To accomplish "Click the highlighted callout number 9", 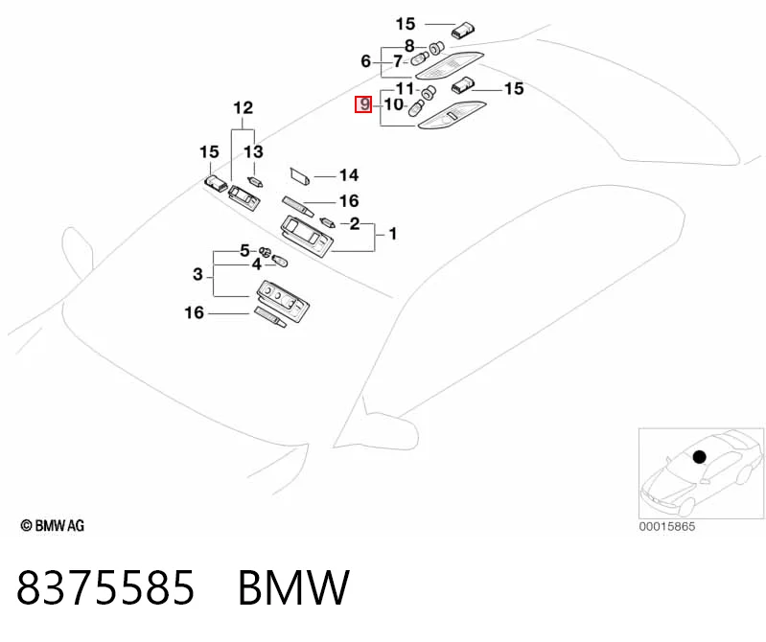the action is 363,104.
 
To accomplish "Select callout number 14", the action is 349,175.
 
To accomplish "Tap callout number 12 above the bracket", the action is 243,108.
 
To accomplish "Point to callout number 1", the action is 393,234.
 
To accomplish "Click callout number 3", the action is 197,274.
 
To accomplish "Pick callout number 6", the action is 366,61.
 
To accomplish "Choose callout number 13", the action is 253,151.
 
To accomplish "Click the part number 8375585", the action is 106,587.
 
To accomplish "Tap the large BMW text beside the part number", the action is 293,587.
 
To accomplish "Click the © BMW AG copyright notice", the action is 53,526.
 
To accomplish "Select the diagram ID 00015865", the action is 667,526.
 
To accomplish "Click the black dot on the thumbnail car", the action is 700,457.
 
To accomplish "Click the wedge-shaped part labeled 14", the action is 299,176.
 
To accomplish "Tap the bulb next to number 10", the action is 416,108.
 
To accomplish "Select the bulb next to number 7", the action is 420,60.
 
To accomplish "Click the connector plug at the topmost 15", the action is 463,30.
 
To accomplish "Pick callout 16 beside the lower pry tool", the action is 194,312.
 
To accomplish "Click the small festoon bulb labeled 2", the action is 327,222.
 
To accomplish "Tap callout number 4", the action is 257,264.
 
